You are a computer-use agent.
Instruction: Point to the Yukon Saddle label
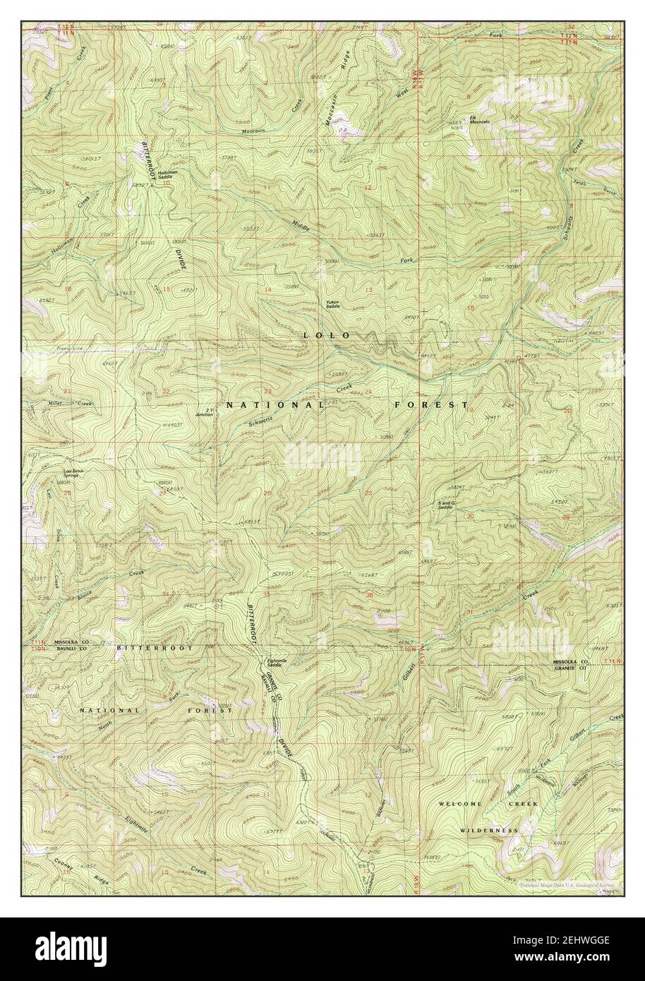tap(332, 306)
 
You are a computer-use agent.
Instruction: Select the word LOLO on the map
tap(326, 335)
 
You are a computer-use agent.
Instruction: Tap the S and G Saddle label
tap(445, 505)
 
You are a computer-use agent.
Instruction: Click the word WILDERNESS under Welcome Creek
tap(489, 831)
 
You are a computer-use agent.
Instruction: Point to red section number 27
tap(163, 493)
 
